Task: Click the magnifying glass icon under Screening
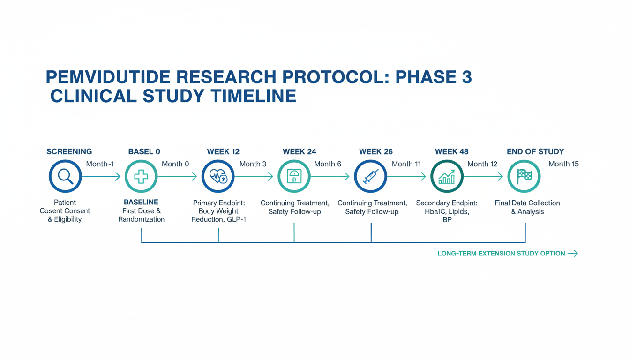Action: [x=65, y=176]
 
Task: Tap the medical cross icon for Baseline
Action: [x=141, y=176]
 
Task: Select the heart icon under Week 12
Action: [x=218, y=176]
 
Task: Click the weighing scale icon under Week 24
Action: [x=294, y=176]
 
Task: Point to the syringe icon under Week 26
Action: [x=371, y=176]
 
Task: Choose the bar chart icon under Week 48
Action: [x=447, y=177]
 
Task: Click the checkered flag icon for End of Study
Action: [x=524, y=176]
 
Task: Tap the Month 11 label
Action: [x=406, y=164]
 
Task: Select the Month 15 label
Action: [x=563, y=164]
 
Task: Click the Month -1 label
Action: [x=100, y=164]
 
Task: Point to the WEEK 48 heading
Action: [x=452, y=151]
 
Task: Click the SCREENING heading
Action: [x=69, y=151]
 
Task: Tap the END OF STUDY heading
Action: [x=535, y=151]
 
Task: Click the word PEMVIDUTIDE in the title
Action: [x=108, y=77]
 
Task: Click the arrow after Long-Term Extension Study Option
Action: [x=573, y=254]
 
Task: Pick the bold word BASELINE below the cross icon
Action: [x=141, y=202]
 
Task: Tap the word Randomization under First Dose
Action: [x=141, y=219]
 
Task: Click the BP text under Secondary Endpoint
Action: [x=447, y=220]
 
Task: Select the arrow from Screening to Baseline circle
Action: [x=101, y=176]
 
